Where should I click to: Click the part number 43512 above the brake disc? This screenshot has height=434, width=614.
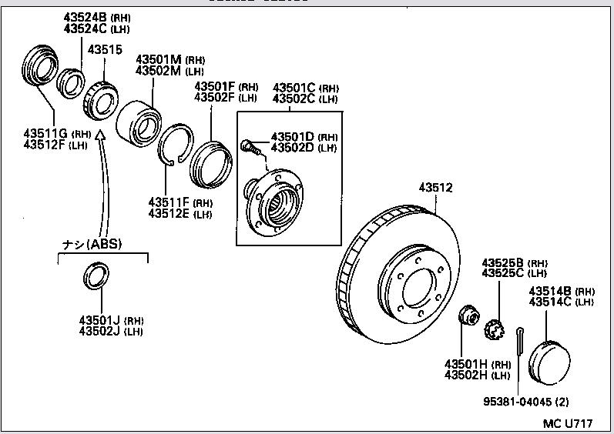pyautogui.click(x=435, y=187)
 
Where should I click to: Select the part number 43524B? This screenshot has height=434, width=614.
pyautogui.click(x=86, y=17)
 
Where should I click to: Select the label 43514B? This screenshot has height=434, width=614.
pyautogui.click(x=549, y=291)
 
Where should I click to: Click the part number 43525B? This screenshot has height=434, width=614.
pyautogui.click(x=503, y=262)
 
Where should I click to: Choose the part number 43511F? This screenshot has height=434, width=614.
pyautogui.click(x=169, y=202)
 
